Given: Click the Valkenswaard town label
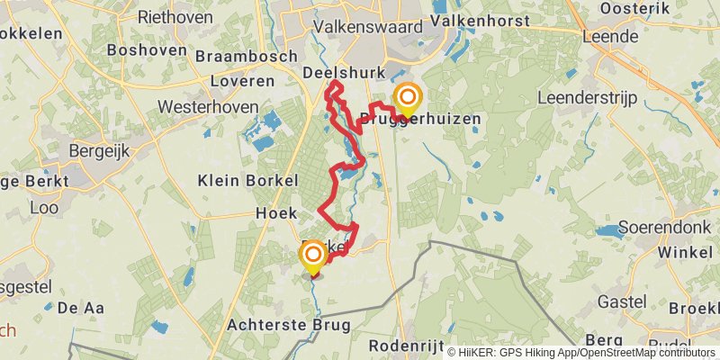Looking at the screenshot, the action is [367, 27].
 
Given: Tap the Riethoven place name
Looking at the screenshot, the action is [175, 17].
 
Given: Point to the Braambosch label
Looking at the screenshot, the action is [248, 56].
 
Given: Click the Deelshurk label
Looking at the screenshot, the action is [344, 73].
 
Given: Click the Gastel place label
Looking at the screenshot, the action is [622, 298].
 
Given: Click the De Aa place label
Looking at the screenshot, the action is [81, 308].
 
